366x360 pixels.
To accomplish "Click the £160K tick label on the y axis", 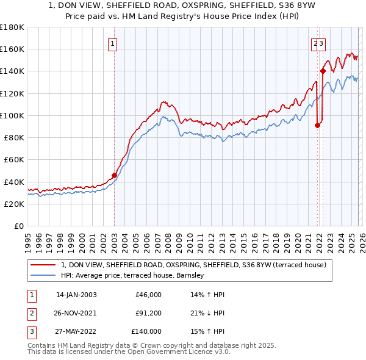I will (x=12, y=49).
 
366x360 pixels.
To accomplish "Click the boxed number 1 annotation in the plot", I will (x=113, y=43).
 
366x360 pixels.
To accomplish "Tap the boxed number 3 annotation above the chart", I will (x=321, y=43).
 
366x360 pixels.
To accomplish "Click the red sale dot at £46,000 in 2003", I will (x=114, y=175).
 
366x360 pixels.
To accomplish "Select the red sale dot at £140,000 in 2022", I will (x=323, y=71).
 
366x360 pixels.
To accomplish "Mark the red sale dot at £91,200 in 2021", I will (x=317, y=126).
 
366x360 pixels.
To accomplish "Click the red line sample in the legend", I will (x=43, y=265).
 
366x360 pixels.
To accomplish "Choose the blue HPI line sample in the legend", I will (x=43, y=275).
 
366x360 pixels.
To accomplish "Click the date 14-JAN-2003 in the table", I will (x=76, y=295).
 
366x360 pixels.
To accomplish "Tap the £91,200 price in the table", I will (x=148, y=313).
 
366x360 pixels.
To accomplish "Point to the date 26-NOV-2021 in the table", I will (x=76, y=313).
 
